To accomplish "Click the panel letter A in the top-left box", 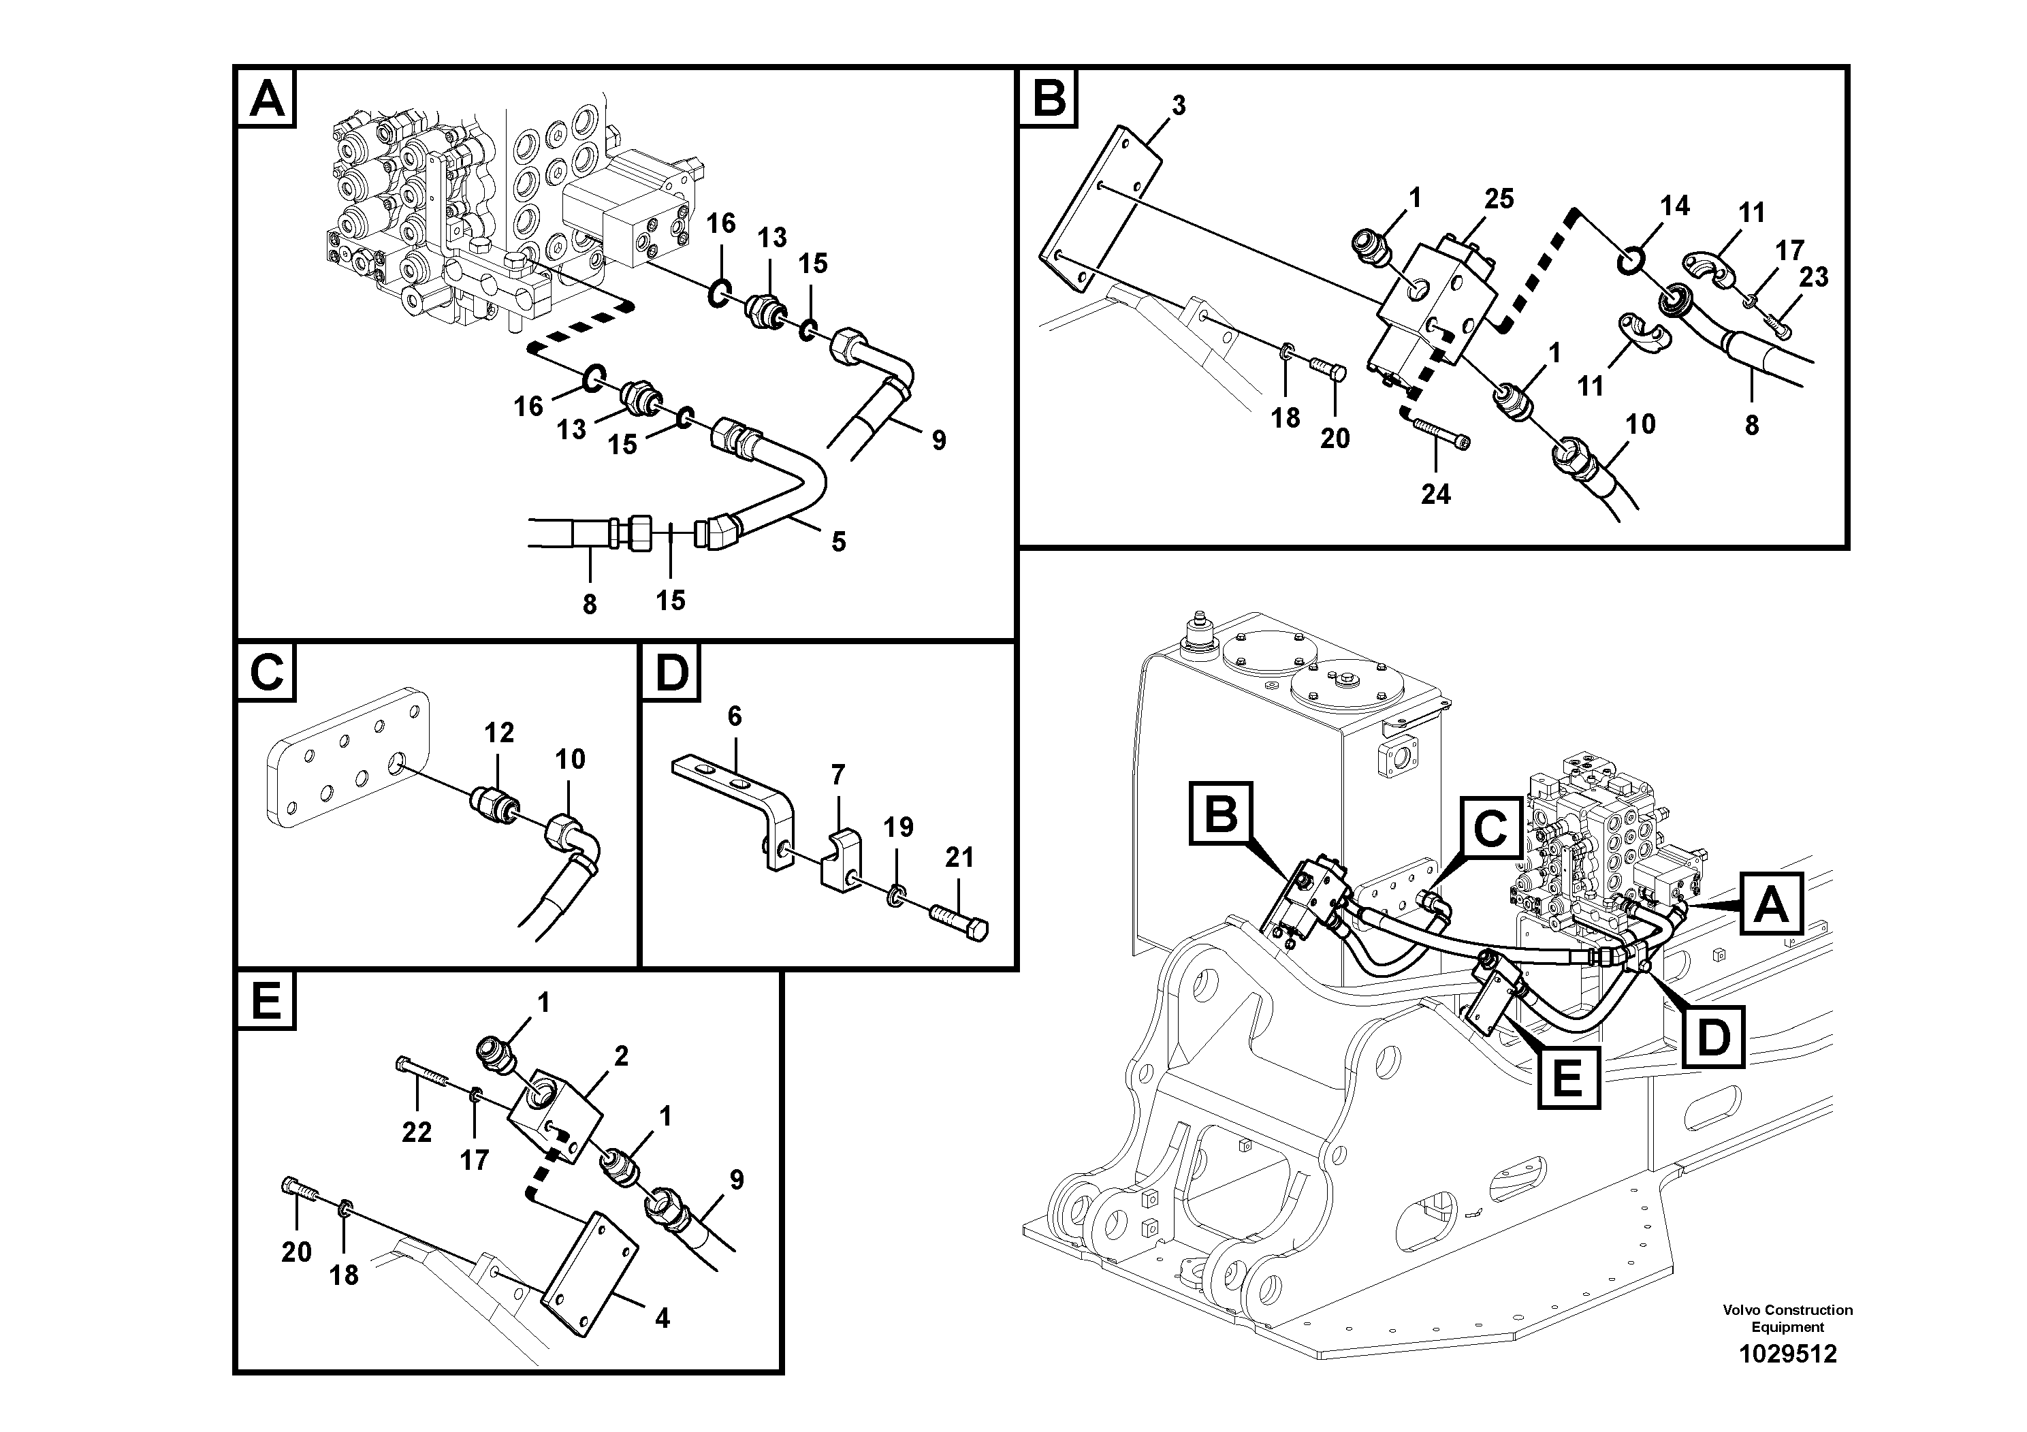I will pyautogui.click(x=268, y=98).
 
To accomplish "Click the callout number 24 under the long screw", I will pyautogui.click(x=1435, y=494).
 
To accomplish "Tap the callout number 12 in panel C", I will pyautogui.click(x=499, y=732).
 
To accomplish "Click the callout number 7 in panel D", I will pyautogui.click(x=837, y=774).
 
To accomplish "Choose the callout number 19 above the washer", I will pyautogui.click(x=899, y=827).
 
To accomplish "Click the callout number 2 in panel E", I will pyautogui.click(x=621, y=1056).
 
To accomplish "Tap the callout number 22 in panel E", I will pyautogui.click(x=417, y=1132).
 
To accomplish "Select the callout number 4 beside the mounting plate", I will pyautogui.click(x=662, y=1318).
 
